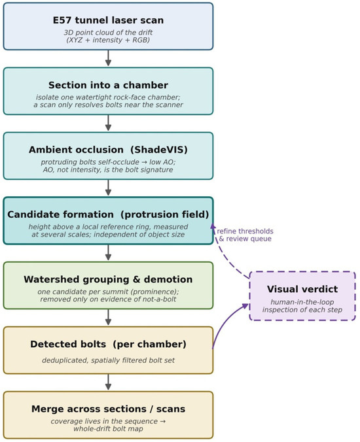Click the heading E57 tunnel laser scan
(108, 20)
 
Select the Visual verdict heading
(302, 289)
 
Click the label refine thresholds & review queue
(245, 235)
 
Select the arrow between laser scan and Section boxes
(108, 58)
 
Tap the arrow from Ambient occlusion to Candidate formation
(108, 188)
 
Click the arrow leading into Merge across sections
(108, 382)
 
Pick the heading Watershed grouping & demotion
(108, 279)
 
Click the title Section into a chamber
(108, 85)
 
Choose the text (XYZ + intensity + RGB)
(108, 40)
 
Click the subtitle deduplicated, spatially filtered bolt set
(108, 360)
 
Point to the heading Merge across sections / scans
(108, 409)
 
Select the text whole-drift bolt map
(108, 429)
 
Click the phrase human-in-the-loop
(302, 302)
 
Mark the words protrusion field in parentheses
(164, 214)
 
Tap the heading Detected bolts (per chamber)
(108, 344)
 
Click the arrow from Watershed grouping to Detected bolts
(108, 317)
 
